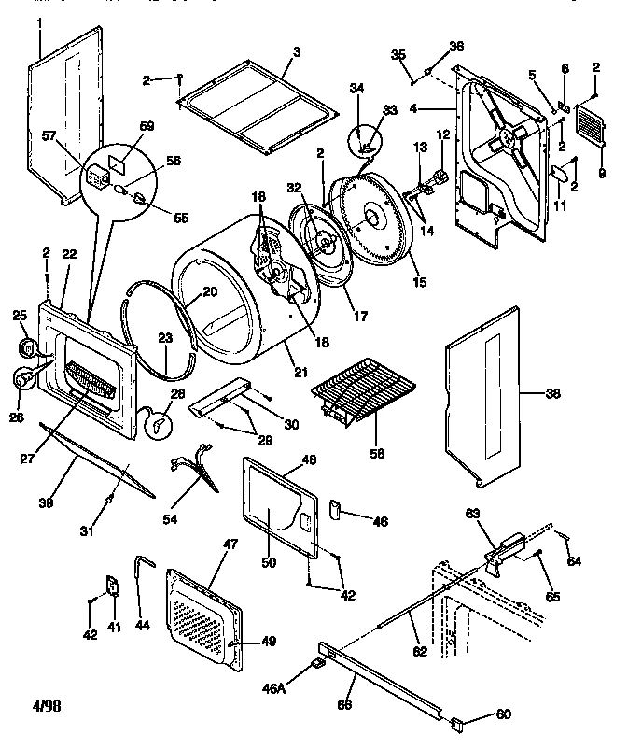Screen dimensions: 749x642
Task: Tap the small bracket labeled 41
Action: pos(111,586)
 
